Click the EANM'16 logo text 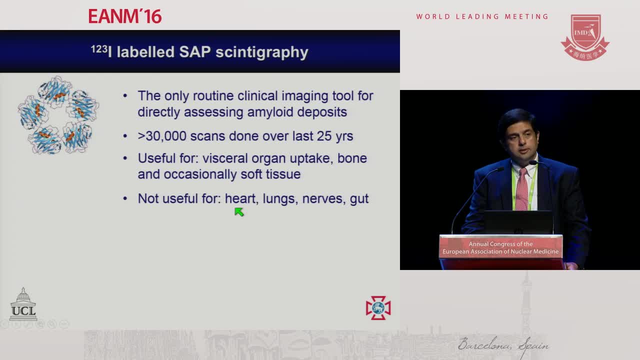pyautogui.click(x=125, y=16)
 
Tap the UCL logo pyautogui.click(x=23, y=304)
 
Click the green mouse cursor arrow pyautogui.click(x=239, y=211)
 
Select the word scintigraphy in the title pyautogui.click(x=261, y=52)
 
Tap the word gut pyautogui.click(x=359, y=199)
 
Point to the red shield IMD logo pyautogui.click(x=585, y=37)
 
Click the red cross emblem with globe pyautogui.click(x=378, y=307)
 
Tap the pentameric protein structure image pyautogui.click(x=58, y=115)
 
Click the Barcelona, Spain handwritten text pyautogui.click(x=503, y=345)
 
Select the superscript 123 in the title pyautogui.click(x=99, y=49)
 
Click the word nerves pyautogui.click(x=322, y=199)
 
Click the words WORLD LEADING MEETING pyautogui.click(x=482, y=16)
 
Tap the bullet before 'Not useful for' pyautogui.click(x=125, y=198)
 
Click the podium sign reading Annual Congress pyautogui.click(x=500, y=247)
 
